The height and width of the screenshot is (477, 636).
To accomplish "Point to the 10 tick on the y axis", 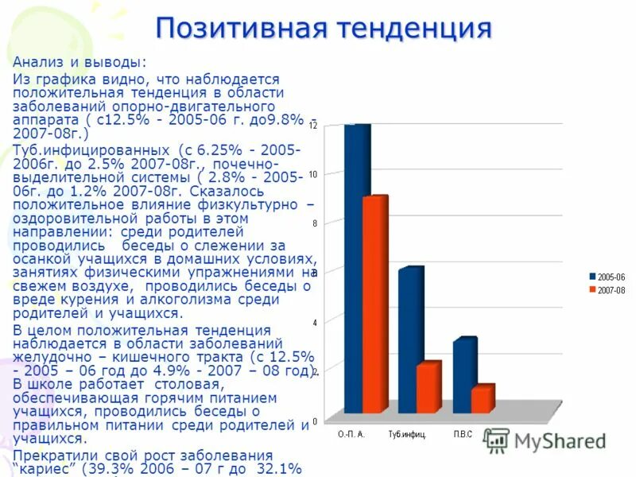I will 314,175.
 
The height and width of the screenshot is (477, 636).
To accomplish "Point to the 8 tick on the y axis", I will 315,224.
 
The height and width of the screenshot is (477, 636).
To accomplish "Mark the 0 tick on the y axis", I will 315,421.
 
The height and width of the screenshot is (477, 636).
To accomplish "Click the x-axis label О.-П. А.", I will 351,435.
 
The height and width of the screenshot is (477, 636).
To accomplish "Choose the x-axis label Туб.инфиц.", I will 407,435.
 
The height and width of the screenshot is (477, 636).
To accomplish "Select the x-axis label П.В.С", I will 463,435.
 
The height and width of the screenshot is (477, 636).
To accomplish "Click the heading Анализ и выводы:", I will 68,61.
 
